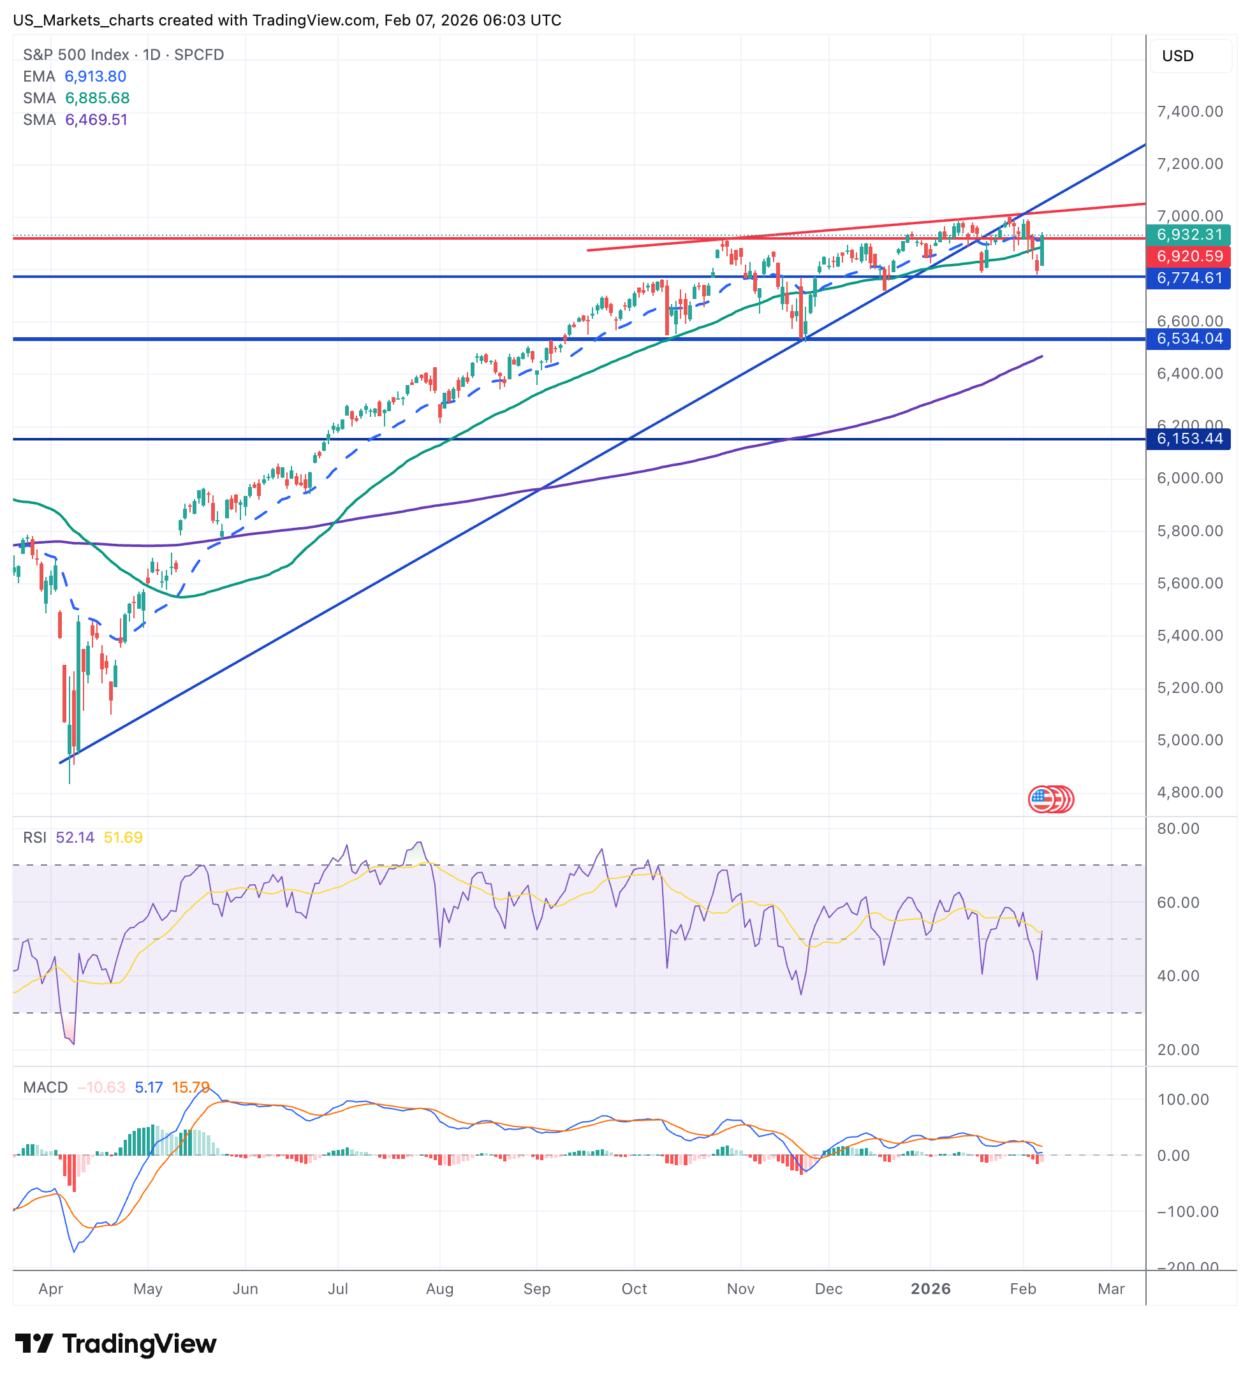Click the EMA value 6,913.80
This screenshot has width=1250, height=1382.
(95, 76)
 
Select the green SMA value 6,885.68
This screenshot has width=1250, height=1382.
(98, 98)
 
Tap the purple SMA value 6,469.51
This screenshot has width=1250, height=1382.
(96, 120)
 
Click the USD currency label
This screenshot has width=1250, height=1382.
(1177, 56)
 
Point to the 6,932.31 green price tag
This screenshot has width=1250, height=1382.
(1188, 235)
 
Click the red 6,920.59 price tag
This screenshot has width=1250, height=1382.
(1188, 256)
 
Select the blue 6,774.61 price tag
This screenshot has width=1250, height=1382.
(1188, 278)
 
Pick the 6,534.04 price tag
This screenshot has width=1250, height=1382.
(1188, 338)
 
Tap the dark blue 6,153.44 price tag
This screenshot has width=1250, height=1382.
(1188, 439)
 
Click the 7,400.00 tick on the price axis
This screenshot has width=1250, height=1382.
(1189, 112)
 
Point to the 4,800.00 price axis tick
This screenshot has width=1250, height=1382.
(1189, 792)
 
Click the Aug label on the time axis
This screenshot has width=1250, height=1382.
(439, 1289)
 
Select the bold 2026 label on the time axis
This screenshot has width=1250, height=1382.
(930, 1289)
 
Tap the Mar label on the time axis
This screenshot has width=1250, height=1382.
(1111, 1289)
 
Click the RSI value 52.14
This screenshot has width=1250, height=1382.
(75, 838)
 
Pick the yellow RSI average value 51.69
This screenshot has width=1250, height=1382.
(124, 838)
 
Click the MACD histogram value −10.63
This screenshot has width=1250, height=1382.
(101, 1087)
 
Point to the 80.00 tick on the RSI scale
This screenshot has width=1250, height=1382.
(1178, 829)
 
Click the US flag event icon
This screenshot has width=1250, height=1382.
(1042, 799)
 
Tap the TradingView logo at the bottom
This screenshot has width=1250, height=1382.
(115, 1344)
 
